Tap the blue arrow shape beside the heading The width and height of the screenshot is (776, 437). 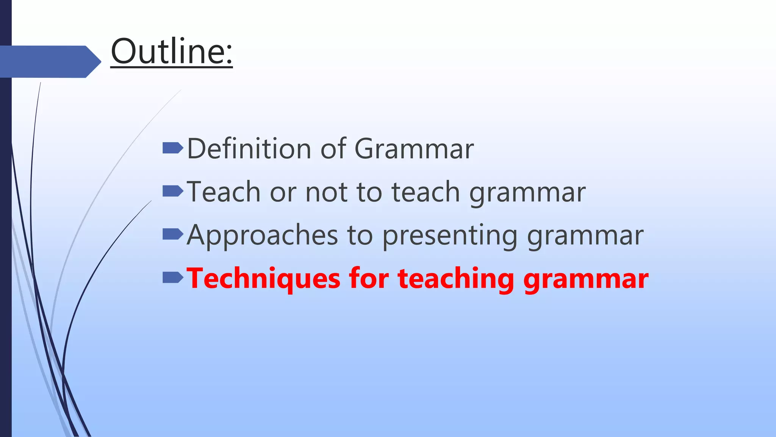(x=49, y=61)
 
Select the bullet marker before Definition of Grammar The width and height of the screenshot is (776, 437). (x=172, y=148)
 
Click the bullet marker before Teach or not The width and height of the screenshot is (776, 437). (x=172, y=191)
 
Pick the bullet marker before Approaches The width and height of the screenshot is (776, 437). (x=172, y=234)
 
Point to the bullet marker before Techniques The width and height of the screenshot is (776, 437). (x=172, y=278)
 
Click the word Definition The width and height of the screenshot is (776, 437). (x=248, y=148)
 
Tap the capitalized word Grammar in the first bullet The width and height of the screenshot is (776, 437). (x=414, y=148)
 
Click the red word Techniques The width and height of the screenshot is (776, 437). (x=264, y=279)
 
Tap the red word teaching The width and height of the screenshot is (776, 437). (x=455, y=279)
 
